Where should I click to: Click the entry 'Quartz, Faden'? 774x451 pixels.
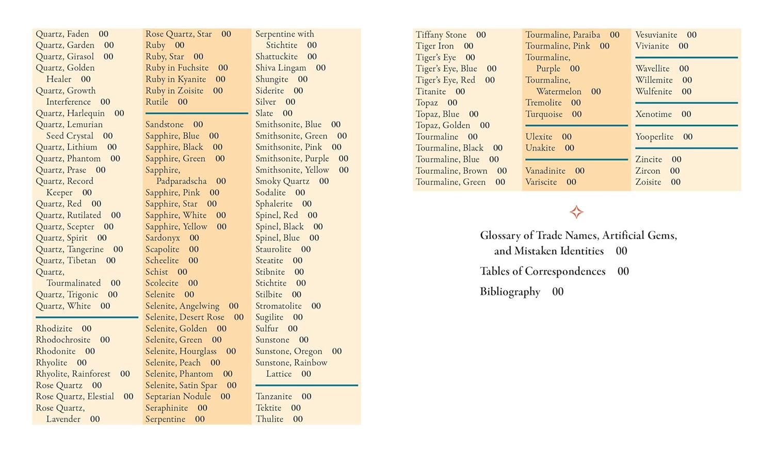(x=62, y=34)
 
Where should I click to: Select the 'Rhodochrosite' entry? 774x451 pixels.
(x=63, y=340)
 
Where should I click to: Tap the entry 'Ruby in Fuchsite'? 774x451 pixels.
(x=177, y=68)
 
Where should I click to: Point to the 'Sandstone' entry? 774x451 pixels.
(x=165, y=124)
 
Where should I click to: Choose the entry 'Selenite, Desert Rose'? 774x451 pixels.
(x=185, y=317)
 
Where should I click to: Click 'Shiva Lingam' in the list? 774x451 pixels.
(x=281, y=68)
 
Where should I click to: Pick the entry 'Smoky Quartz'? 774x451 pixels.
(x=282, y=181)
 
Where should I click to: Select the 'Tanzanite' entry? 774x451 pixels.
(x=273, y=396)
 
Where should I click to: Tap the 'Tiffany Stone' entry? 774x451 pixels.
(x=441, y=35)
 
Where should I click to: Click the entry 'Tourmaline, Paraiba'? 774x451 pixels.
(x=562, y=35)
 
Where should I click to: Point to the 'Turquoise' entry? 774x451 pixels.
(x=544, y=114)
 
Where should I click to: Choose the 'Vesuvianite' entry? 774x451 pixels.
(x=656, y=35)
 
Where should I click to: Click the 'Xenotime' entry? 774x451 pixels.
(x=653, y=114)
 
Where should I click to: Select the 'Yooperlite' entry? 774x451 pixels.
(x=654, y=137)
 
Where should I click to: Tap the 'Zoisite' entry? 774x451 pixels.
(x=648, y=182)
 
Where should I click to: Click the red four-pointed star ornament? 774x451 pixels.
(x=576, y=212)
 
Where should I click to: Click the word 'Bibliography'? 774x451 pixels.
(x=510, y=292)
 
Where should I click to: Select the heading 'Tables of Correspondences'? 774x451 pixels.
(x=542, y=271)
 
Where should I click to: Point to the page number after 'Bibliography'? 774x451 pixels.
(x=558, y=292)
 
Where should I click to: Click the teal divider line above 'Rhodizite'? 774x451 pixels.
(x=87, y=317)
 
